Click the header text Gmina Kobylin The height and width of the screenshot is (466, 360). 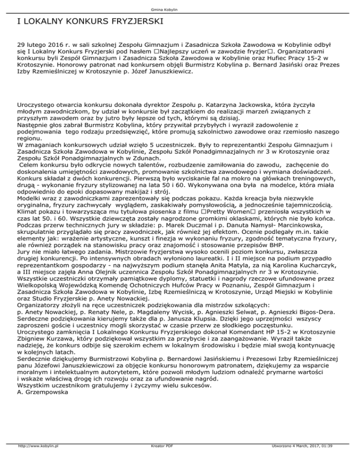180,9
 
